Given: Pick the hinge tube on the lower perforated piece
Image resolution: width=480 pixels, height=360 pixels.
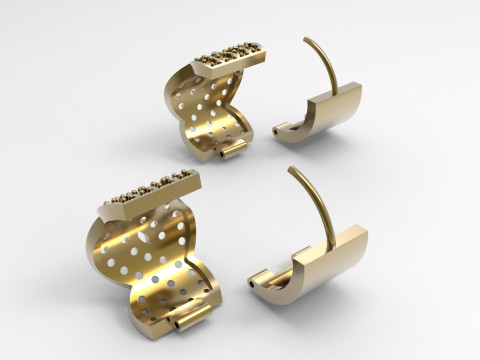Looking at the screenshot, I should coord(185,322).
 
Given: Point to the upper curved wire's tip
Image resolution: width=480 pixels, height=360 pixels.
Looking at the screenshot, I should coord(303,41).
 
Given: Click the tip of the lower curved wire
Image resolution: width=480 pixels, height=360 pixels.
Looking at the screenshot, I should coord(290,169).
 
